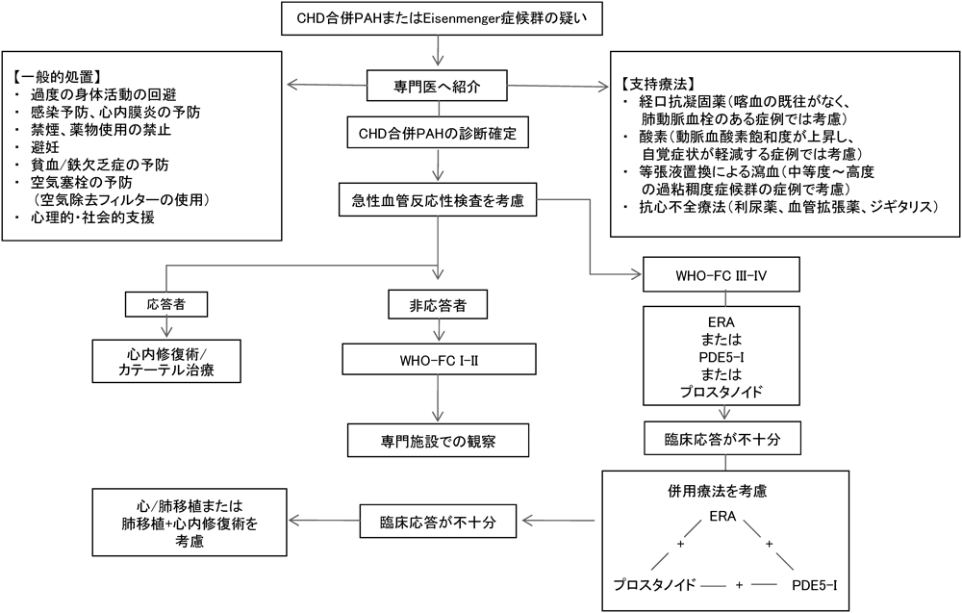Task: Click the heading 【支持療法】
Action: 658,82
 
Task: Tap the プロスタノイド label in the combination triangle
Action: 654,584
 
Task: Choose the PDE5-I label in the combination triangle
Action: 819,584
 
